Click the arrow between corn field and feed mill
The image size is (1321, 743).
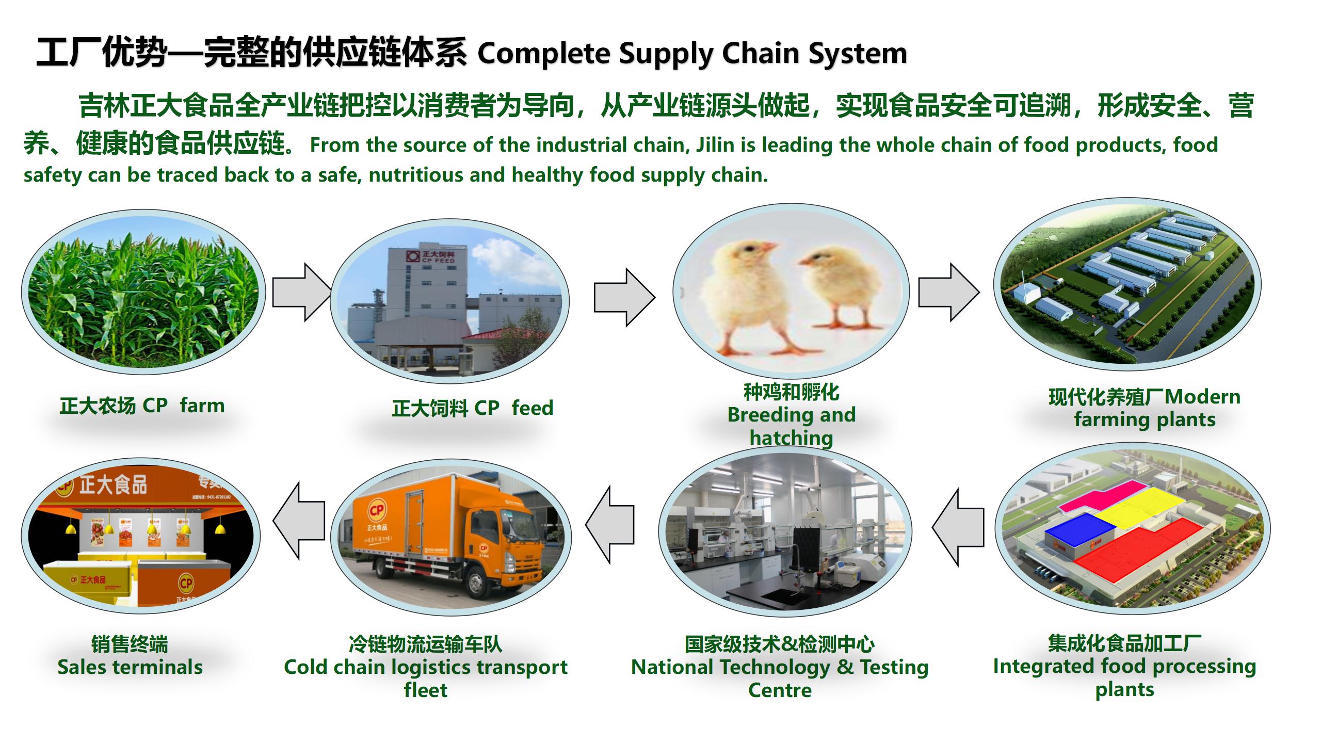(302, 293)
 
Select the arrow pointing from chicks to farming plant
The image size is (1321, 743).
(949, 293)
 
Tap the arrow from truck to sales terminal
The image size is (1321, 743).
(299, 521)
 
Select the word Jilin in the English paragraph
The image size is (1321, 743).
(716, 145)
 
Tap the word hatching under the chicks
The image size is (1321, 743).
(791, 438)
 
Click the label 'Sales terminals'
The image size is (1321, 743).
(130, 667)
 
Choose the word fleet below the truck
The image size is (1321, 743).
(426, 690)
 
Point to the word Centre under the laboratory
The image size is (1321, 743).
(780, 690)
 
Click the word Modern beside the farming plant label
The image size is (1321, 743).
(1202, 397)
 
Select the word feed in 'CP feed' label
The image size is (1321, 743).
(533, 408)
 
